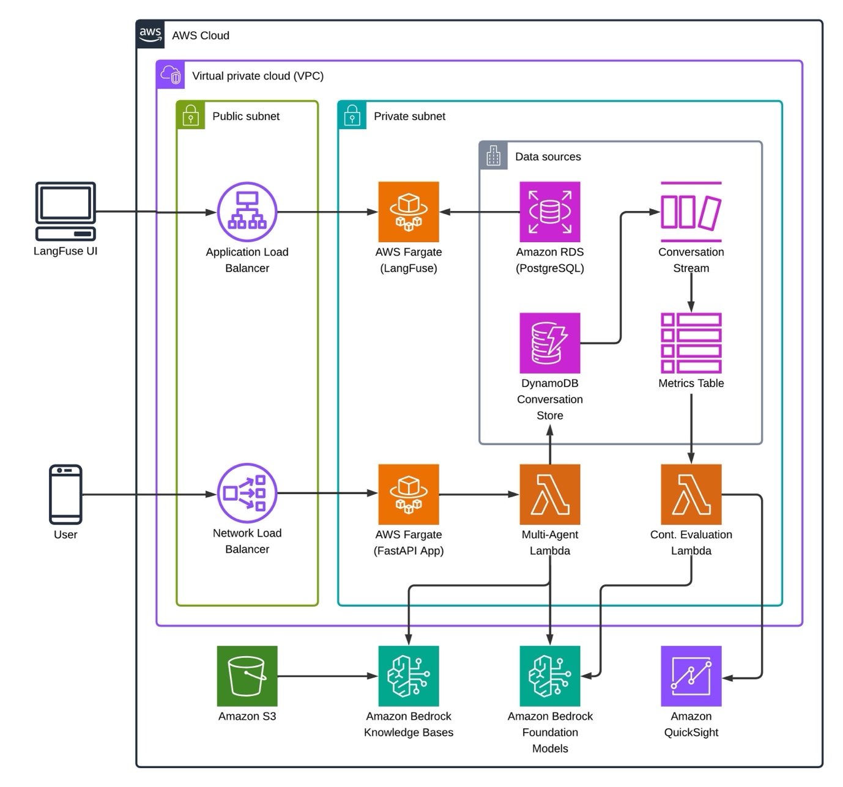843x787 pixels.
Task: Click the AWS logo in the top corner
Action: (x=150, y=34)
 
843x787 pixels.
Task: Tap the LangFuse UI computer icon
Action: (x=65, y=211)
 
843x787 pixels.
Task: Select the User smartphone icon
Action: (x=65, y=494)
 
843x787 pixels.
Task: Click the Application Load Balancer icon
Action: (x=247, y=212)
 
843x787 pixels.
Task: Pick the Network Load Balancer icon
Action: (x=247, y=493)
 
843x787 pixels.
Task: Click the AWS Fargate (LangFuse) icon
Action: (x=409, y=212)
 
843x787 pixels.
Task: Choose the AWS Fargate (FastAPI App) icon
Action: (x=409, y=494)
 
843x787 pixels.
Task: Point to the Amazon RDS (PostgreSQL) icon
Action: (x=549, y=212)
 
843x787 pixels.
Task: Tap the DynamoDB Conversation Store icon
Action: (x=549, y=343)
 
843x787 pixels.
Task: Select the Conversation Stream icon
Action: (x=691, y=212)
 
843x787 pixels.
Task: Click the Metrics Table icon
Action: (x=691, y=343)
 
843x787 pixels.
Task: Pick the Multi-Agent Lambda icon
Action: (x=549, y=494)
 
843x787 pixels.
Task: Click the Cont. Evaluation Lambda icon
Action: (x=691, y=494)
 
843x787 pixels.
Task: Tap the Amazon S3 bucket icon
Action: (x=247, y=676)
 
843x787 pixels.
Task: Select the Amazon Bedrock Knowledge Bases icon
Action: (x=409, y=676)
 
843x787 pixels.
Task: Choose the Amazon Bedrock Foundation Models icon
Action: (x=549, y=676)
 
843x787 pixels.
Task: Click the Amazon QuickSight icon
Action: (x=691, y=676)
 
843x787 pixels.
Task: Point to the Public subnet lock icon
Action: (x=190, y=115)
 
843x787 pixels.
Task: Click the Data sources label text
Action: (x=548, y=157)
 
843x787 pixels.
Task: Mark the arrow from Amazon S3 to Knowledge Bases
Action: (x=327, y=676)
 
